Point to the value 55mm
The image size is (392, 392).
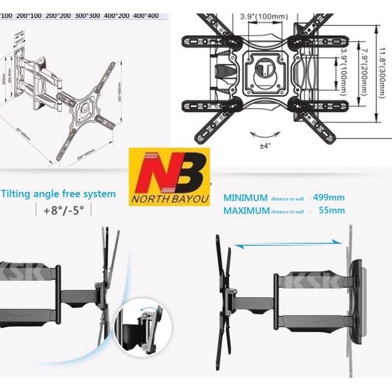(331, 210)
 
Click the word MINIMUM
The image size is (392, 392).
(245, 198)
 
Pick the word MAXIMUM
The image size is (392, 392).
(246, 210)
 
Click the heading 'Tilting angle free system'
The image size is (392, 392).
(59, 194)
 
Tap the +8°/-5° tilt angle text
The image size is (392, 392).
(62, 210)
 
